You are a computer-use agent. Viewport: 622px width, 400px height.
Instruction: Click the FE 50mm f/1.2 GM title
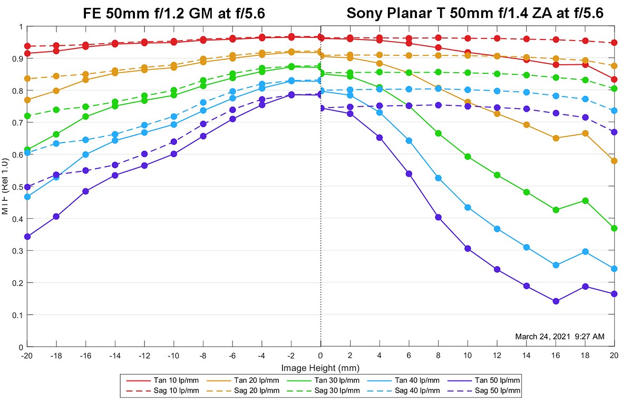point(173,13)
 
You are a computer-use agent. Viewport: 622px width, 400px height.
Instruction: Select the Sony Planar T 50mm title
point(475,13)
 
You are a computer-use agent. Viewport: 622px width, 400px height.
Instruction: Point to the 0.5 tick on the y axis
point(18,187)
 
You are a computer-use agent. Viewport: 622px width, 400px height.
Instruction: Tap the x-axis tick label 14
point(526,355)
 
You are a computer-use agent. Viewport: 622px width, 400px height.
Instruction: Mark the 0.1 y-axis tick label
point(18,315)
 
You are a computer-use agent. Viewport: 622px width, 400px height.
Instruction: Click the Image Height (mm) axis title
point(320,367)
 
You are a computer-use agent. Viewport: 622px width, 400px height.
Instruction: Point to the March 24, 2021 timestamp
point(559,336)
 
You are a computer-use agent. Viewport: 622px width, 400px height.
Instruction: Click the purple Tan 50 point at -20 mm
point(27,237)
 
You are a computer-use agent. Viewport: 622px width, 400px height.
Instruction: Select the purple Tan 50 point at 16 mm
point(556,301)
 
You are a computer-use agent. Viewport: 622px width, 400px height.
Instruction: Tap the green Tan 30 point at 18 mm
point(585,201)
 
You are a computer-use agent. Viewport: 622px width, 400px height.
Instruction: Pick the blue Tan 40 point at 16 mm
point(556,265)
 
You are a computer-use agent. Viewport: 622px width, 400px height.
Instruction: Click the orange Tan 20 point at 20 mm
point(614,161)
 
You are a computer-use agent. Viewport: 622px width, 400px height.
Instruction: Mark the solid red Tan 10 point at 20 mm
point(614,80)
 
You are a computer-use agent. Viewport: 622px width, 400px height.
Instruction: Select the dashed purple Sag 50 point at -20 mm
point(27,187)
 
